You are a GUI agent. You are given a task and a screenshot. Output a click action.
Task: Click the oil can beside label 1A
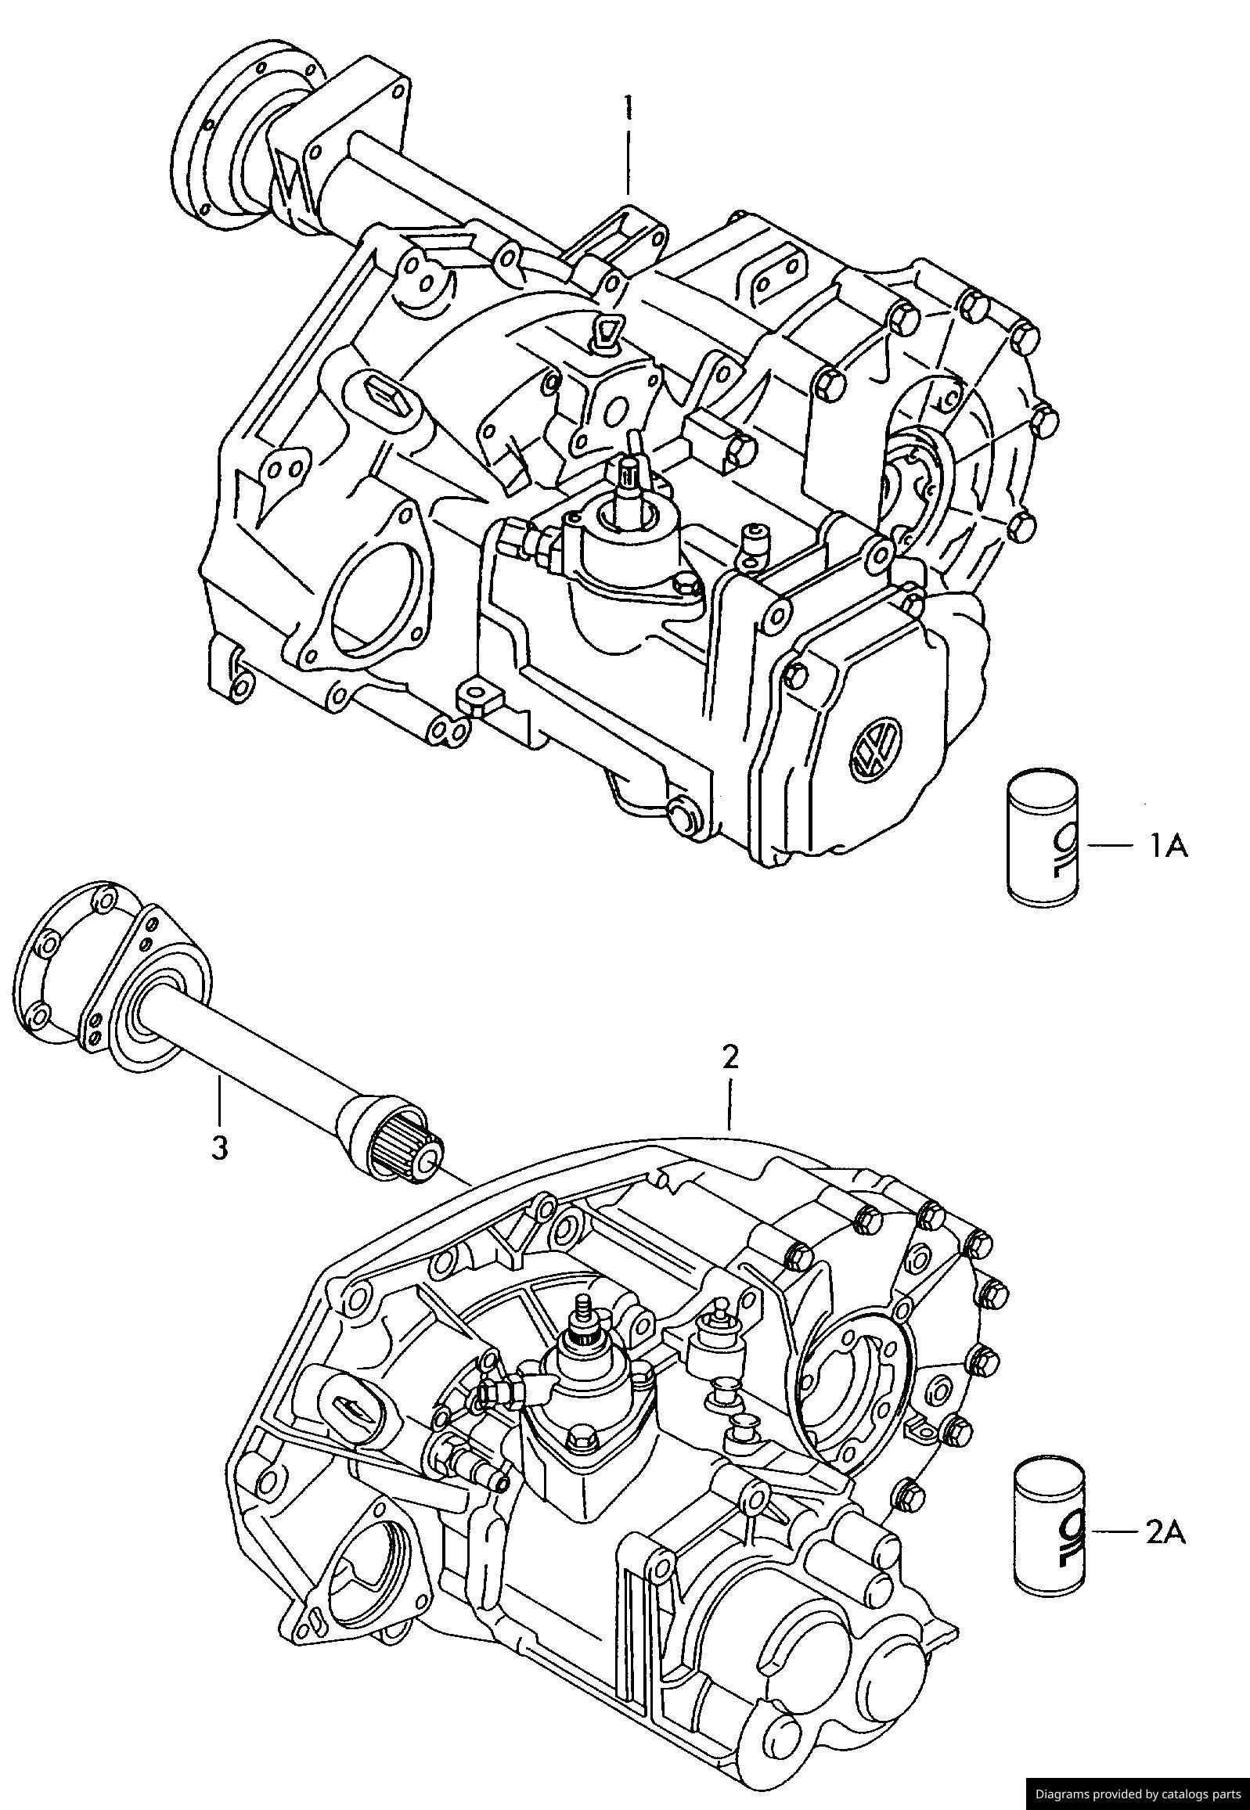pyautogui.click(x=1043, y=839)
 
